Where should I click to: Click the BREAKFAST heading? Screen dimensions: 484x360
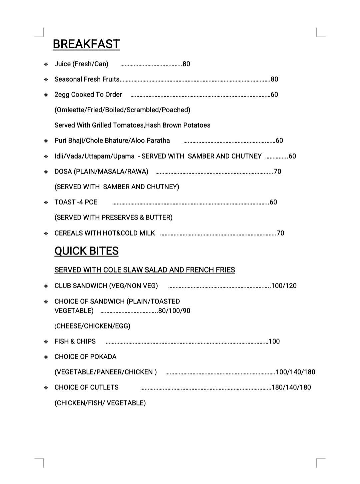click(x=86, y=44)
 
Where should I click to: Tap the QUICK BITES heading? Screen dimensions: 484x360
click(x=86, y=251)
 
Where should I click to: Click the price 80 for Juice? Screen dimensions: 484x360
click(x=186, y=64)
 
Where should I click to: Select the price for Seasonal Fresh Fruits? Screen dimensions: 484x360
click(x=274, y=79)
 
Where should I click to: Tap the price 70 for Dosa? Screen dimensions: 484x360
click(x=277, y=172)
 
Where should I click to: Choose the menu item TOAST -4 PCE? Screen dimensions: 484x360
click(x=76, y=202)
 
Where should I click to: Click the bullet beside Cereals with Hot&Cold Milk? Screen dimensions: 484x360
click(x=46, y=234)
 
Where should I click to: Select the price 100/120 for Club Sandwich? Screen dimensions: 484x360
click(x=284, y=286)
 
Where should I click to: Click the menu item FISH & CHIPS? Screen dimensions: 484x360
click(x=75, y=341)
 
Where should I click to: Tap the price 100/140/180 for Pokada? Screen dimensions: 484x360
click(x=295, y=372)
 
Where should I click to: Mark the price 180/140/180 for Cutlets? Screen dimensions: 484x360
click(x=291, y=387)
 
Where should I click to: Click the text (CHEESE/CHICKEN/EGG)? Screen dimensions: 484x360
click(x=92, y=326)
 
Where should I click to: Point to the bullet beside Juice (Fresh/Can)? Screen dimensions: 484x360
click(x=46, y=64)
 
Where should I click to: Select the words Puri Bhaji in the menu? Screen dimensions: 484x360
click(x=69, y=141)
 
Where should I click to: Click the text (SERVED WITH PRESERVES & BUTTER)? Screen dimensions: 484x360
click(x=113, y=218)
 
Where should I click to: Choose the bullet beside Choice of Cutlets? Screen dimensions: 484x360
click(x=46, y=388)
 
